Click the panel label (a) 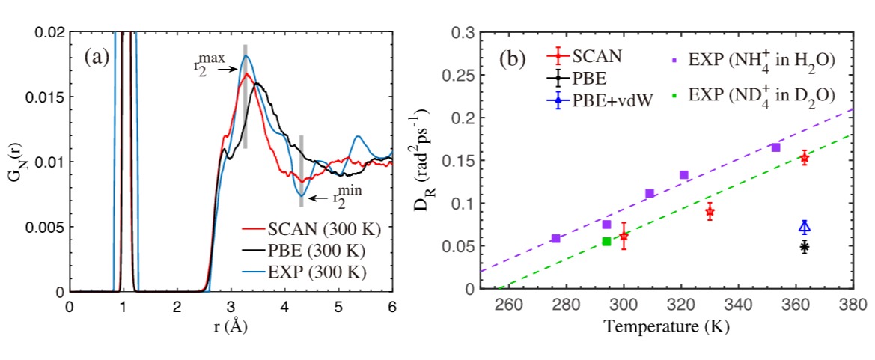pos(98,56)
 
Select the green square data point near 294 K pos(606,241)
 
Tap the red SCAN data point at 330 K pos(710,212)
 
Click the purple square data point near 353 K pos(775,147)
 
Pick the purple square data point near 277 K pos(555,238)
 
